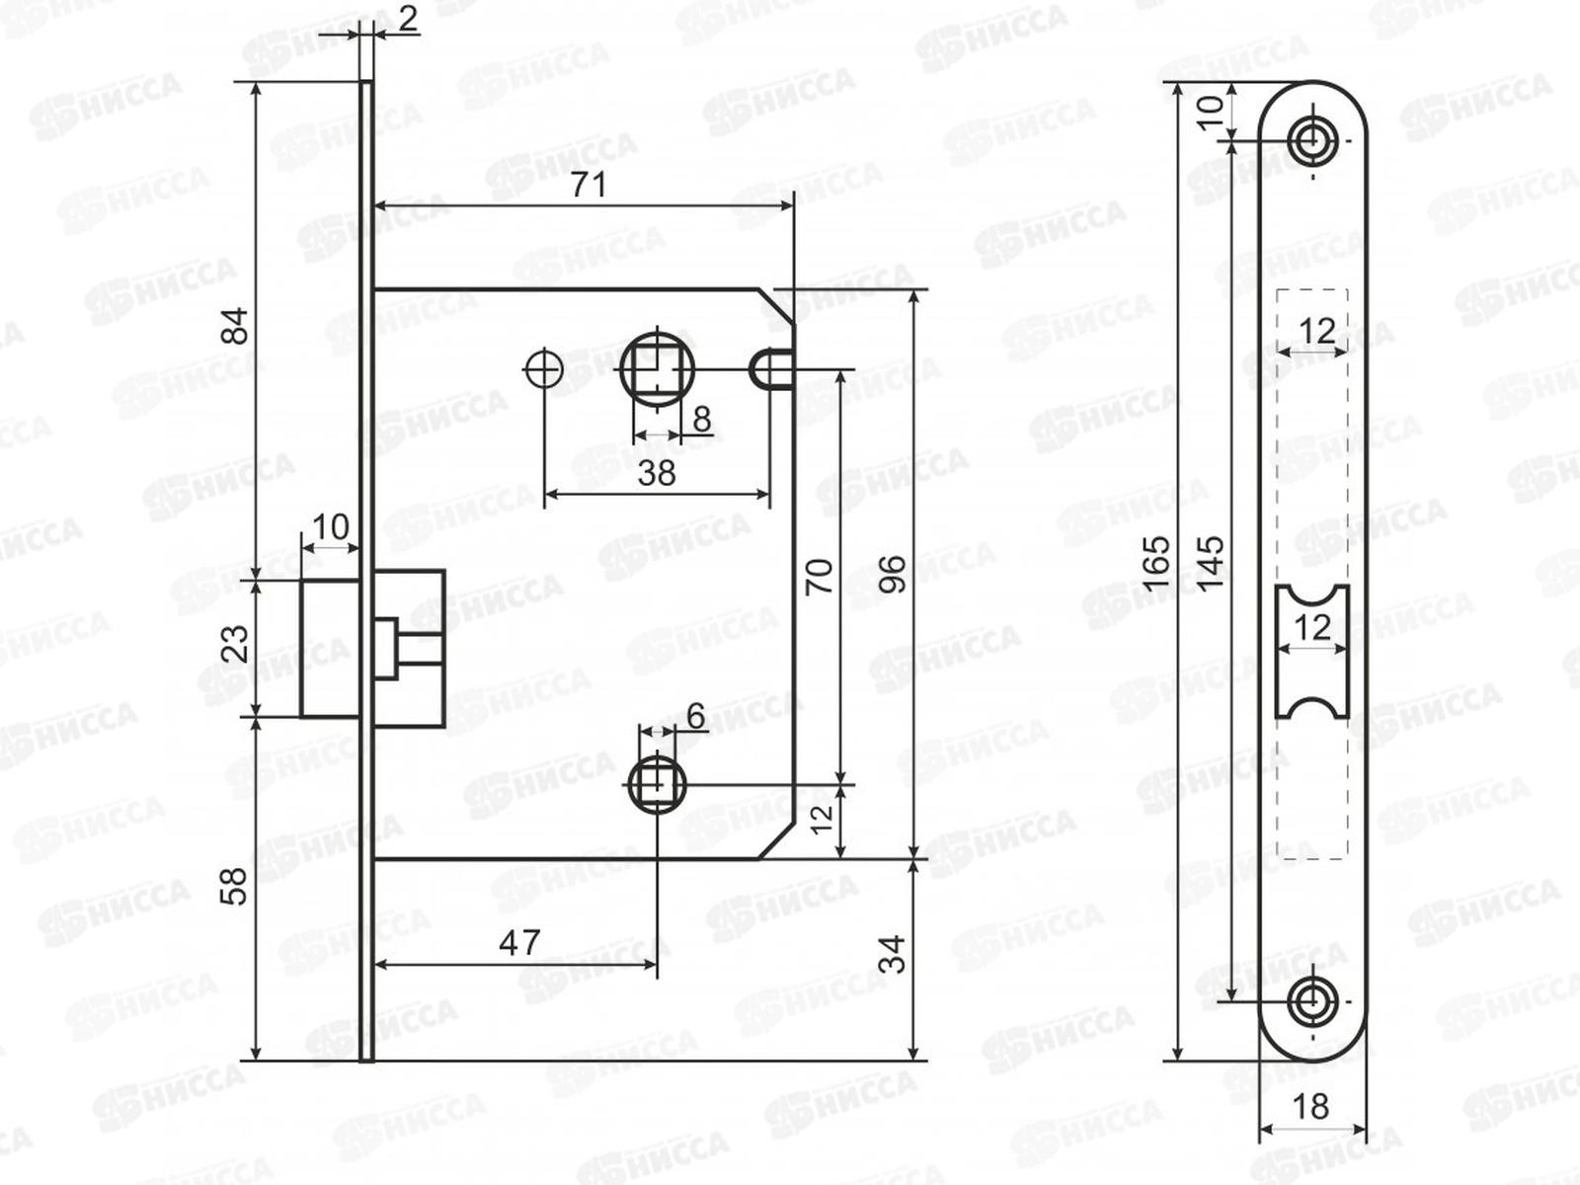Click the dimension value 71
pos(589,186)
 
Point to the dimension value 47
pos(519,943)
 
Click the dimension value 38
pos(657,473)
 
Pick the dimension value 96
pos(893,574)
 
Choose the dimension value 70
pos(820,576)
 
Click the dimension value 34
pos(893,954)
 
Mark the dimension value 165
pos(1156,564)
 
